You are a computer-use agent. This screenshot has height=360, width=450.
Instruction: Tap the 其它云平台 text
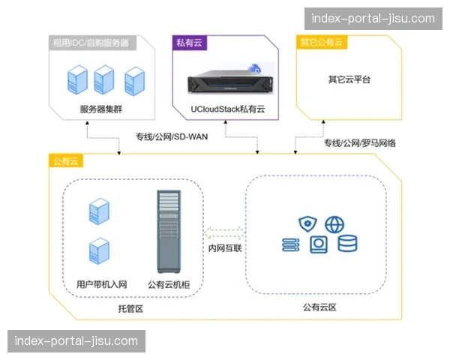pos(349,79)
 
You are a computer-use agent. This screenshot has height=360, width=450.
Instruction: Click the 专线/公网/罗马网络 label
pos(360,142)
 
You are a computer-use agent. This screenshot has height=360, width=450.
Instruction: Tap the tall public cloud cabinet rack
pos(169,232)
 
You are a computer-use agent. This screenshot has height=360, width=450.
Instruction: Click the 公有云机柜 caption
pos(169,284)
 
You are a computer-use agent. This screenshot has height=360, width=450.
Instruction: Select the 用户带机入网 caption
pos(102,284)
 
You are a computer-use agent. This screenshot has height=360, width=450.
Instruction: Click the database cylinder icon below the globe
pos(347,244)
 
